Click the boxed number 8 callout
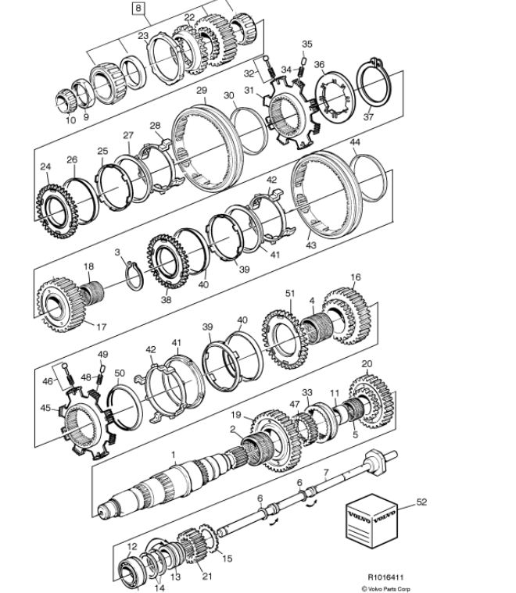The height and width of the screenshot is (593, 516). (138, 9)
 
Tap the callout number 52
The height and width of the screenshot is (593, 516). (421, 502)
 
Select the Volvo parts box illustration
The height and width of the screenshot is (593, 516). (372, 521)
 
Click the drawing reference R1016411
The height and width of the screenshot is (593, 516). (385, 577)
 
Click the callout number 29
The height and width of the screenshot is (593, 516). (202, 91)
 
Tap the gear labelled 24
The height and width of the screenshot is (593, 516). (57, 211)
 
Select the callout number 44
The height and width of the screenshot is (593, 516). (355, 142)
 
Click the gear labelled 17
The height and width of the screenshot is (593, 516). (60, 305)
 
